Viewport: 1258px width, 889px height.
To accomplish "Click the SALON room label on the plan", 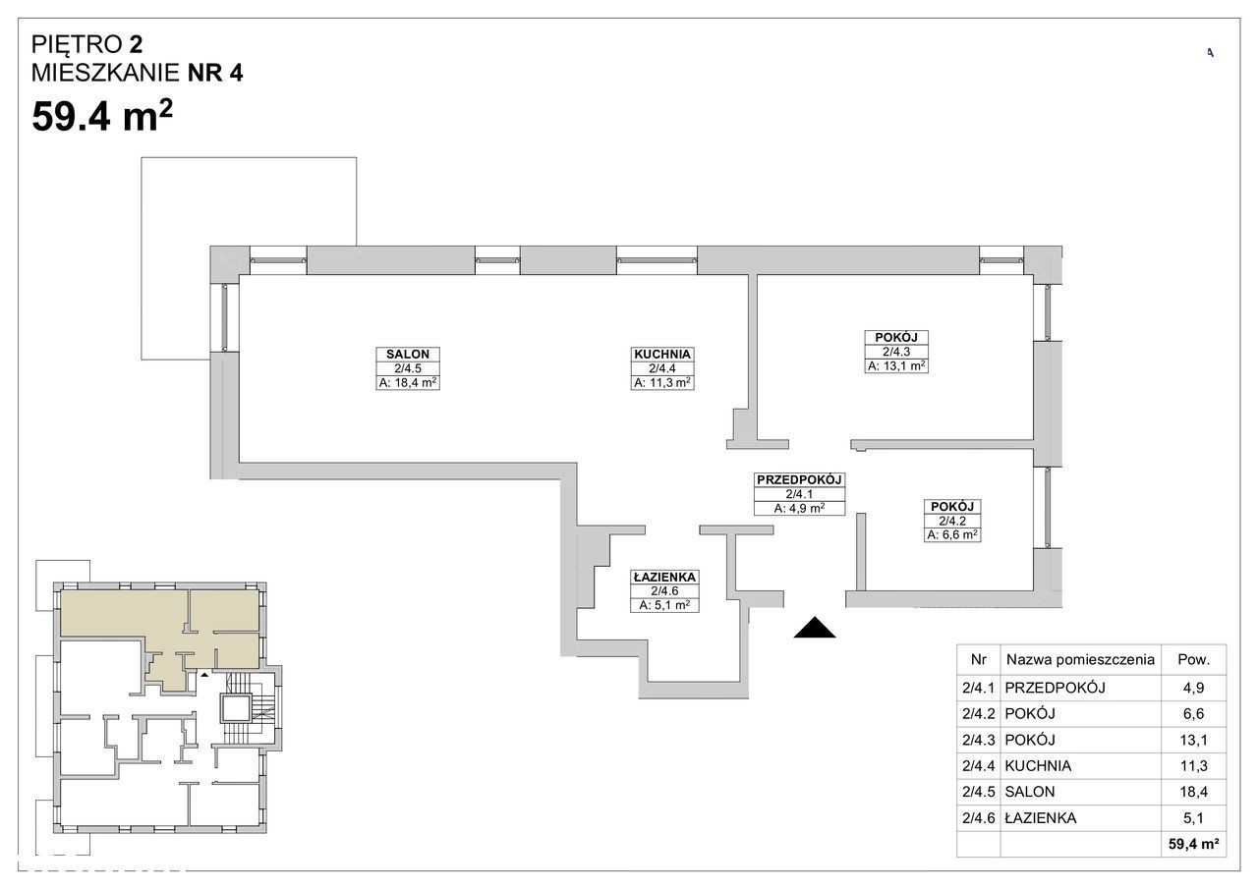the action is click(x=408, y=355).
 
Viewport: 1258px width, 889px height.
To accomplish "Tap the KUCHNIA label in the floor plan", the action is click(x=662, y=355).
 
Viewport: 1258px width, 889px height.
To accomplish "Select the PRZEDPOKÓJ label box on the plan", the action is click(x=799, y=494).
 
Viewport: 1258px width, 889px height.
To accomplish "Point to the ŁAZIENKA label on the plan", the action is click(x=664, y=577).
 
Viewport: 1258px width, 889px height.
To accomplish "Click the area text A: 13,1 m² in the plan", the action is click(x=895, y=366).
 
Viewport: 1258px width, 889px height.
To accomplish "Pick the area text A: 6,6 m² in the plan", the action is click(x=952, y=534).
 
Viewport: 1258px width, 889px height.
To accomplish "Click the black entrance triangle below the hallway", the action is click(x=815, y=628).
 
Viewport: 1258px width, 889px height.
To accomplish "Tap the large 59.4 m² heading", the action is click(x=102, y=116).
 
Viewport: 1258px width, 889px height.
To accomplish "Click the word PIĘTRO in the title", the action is click(x=77, y=44).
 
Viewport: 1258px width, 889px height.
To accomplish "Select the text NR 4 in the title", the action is click(x=215, y=73).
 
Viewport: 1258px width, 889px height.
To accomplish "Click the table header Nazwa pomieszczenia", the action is click(x=1080, y=659).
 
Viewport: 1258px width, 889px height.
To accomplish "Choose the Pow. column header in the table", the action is click(x=1193, y=659).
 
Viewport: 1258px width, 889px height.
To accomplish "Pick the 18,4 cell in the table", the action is click(x=1193, y=792).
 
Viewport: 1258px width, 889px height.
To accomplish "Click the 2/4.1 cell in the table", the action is click(x=978, y=688).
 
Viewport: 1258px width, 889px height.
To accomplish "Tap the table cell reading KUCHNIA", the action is click(x=1038, y=765).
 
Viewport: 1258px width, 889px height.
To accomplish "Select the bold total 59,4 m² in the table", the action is click(x=1193, y=844).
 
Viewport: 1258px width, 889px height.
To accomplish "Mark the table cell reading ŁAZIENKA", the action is click(x=1041, y=817).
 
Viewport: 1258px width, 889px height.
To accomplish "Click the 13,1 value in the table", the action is click(x=1193, y=740).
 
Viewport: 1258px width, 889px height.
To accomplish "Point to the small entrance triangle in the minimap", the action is click(x=205, y=674).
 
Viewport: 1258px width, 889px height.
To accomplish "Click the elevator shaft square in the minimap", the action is click(x=234, y=708).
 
